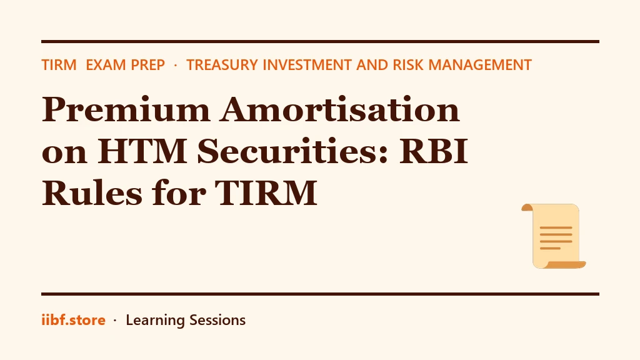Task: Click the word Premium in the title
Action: [126, 109]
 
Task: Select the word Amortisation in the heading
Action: [340, 109]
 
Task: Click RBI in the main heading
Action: [433, 151]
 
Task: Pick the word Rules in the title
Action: [92, 192]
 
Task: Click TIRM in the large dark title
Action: [266, 192]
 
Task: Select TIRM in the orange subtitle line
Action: [59, 65]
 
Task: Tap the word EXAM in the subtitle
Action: [106, 65]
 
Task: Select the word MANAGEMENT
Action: [480, 65]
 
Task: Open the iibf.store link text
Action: [74, 320]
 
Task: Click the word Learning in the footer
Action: [155, 321]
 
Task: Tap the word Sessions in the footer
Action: [217, 320]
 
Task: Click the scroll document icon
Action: [554, 236]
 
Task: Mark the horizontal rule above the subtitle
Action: [320, 42]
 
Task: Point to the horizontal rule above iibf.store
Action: [320, 294]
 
